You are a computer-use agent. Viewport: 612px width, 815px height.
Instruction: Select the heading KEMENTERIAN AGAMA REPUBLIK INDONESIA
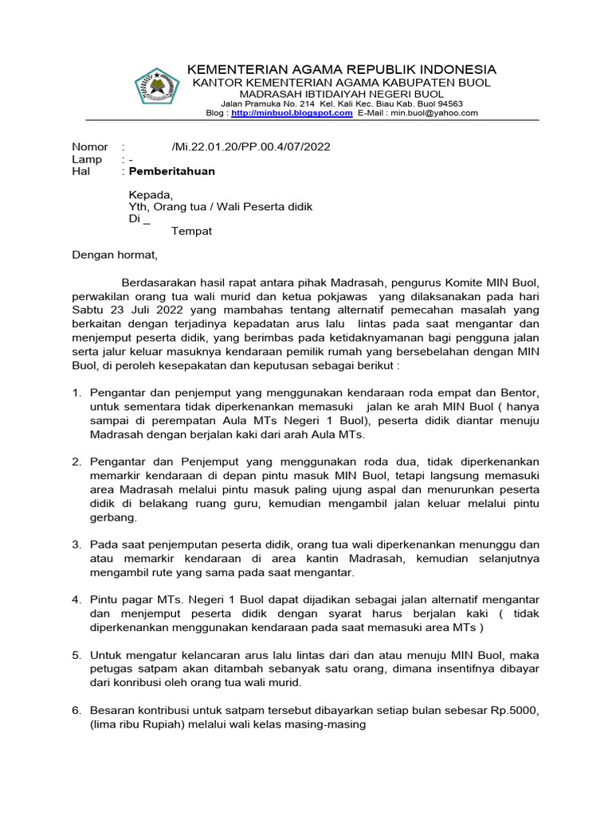341,69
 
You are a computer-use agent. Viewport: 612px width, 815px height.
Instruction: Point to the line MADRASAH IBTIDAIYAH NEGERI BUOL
341,94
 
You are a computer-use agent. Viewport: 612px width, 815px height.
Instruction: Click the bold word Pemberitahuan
172,171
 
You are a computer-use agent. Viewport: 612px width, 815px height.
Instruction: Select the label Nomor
89,146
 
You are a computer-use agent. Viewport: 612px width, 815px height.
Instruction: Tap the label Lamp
87,159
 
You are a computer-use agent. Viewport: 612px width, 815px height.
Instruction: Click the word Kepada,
151,194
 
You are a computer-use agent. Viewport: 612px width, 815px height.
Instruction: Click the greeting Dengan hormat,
116,255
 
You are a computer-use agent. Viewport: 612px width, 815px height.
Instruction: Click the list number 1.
76,393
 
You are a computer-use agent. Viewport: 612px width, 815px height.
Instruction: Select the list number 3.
76,544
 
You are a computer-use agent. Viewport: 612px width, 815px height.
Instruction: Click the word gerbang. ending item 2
114,517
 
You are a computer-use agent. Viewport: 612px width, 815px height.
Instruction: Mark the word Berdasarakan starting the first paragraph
159,283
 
